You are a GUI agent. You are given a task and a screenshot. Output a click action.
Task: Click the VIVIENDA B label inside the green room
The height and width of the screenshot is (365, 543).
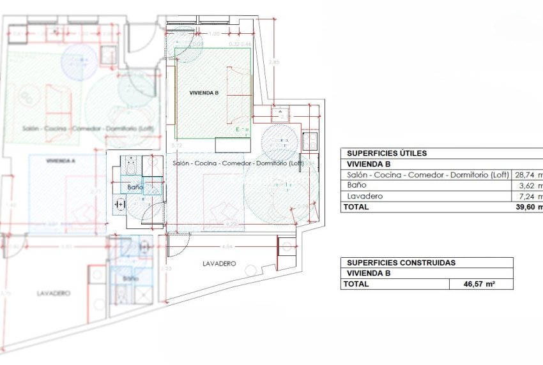pos(204,93)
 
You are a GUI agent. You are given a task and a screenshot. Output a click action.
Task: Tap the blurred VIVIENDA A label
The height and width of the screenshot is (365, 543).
pos(61,161)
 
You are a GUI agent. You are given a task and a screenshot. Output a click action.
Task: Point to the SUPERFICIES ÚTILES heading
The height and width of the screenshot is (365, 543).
pos(386,153)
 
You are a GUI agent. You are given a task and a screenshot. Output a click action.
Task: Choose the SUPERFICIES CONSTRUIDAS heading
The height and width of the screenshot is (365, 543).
pos(401,262)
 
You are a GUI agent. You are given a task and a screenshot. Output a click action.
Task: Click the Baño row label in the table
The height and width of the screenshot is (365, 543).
pos(355,186)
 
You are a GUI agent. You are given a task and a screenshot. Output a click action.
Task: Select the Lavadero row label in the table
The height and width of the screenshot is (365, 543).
pos(364,197)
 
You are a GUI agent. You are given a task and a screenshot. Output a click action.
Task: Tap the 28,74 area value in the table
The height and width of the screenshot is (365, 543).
pos(528,175)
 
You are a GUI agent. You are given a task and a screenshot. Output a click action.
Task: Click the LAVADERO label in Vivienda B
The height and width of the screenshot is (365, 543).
pos(219,264)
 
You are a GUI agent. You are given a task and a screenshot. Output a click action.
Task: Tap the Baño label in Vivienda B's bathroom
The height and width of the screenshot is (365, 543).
pos(134,188)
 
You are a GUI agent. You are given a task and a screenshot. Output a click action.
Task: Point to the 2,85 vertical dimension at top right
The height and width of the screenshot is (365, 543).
pos(273,62)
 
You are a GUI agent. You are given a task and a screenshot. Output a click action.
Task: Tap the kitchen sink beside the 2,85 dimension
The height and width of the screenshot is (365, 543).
pos(280,115)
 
